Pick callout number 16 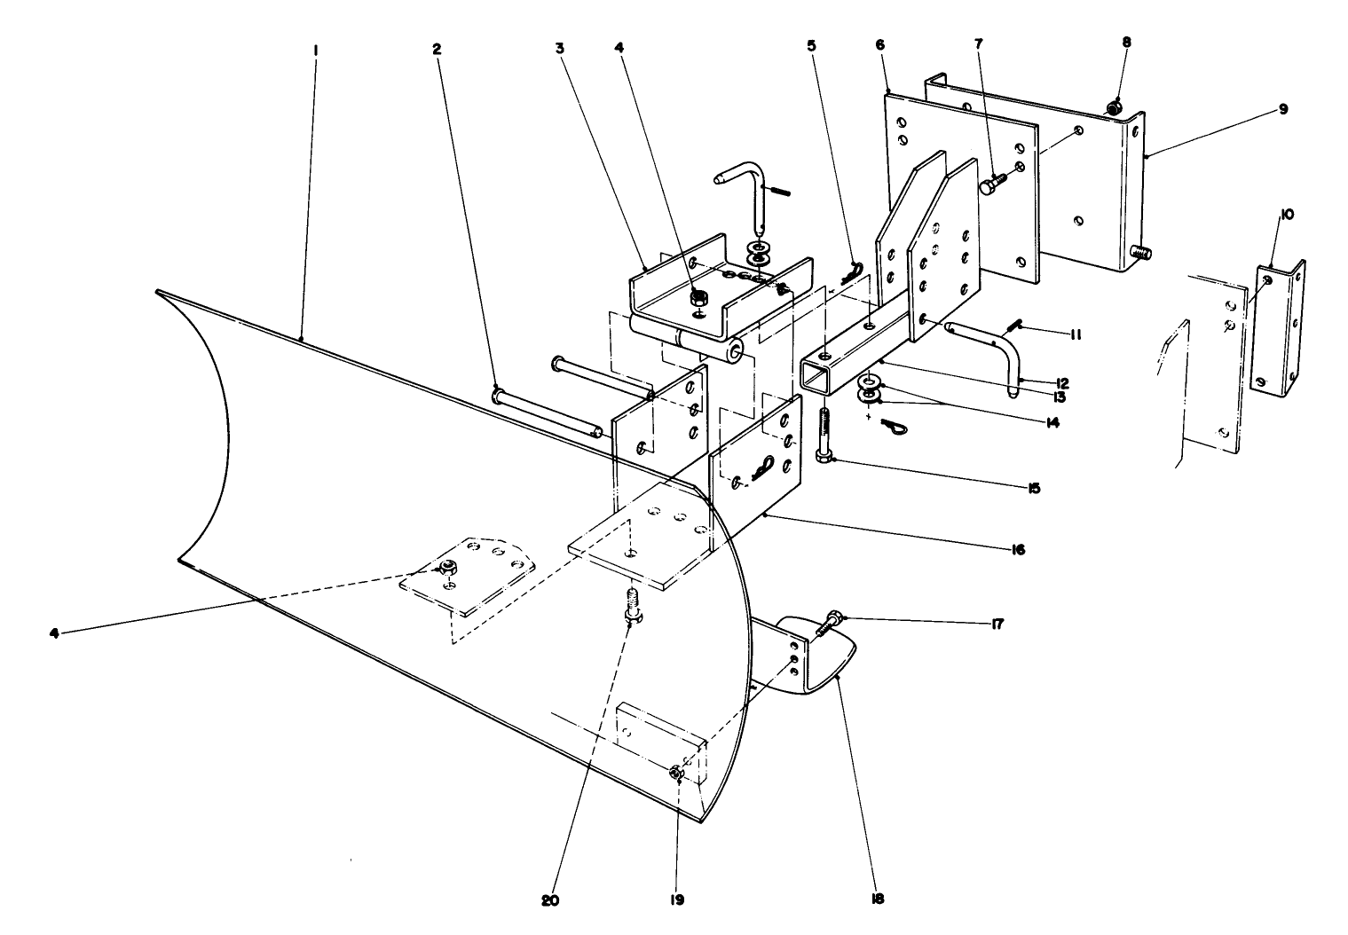(x=1017, y=550)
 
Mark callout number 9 (x=1283, y=109)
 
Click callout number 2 (x=436, y=50)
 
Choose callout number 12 (x=1061, y=383)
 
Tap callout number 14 (x=1052, y=424)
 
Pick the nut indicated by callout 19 (x=676, y=774)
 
